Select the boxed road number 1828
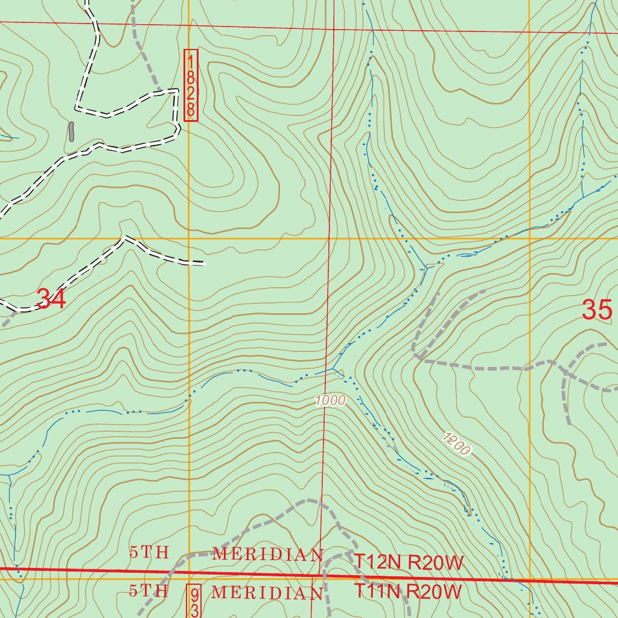(191, 85)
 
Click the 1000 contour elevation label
(330, 401)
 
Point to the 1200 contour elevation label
(456, 444)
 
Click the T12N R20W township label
(409, 563)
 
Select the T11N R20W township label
(408, 590)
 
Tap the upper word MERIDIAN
(267, 554)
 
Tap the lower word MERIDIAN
(267, 593)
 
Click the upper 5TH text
(148, 552)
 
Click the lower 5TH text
(148, 591)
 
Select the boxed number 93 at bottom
(194, 601)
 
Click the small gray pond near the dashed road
(71, 130)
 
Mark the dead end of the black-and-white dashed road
(204, 264)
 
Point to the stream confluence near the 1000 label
(334, 369)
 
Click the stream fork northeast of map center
(426, 266)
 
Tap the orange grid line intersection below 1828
(189, 238)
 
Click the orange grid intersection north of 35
(529, 238)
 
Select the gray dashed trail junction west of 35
(416, 358)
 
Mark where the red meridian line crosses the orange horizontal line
(330, 238)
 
